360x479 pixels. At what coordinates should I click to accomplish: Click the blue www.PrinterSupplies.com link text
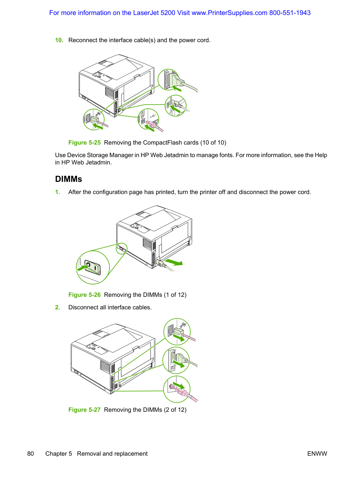click(x=229, y=13)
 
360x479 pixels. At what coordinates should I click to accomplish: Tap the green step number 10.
click(x=59, y=40)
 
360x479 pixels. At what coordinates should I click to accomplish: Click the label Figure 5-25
click(x=84, y=142)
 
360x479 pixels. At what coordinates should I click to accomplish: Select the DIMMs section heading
click(x=69, y=179)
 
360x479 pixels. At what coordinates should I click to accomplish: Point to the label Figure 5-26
click(x=84, y=295)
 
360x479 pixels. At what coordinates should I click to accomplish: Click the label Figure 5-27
click(x=84, y=410)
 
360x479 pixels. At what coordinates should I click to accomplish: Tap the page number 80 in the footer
click(x=31, y=454)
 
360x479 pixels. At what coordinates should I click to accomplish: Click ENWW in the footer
click(x=317, y=454)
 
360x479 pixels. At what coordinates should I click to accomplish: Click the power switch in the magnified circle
click(x=93, y=267)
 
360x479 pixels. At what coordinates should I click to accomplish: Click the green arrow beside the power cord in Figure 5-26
click(x=174, y=262)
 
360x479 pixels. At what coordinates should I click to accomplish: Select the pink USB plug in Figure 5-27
click(x=181, y=392)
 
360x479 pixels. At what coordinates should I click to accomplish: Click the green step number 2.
click(x=58, y=307)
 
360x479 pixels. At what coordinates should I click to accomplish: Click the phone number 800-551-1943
click(x=290, y=13)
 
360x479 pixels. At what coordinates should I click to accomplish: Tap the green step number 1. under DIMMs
click(x=58, y=192)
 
